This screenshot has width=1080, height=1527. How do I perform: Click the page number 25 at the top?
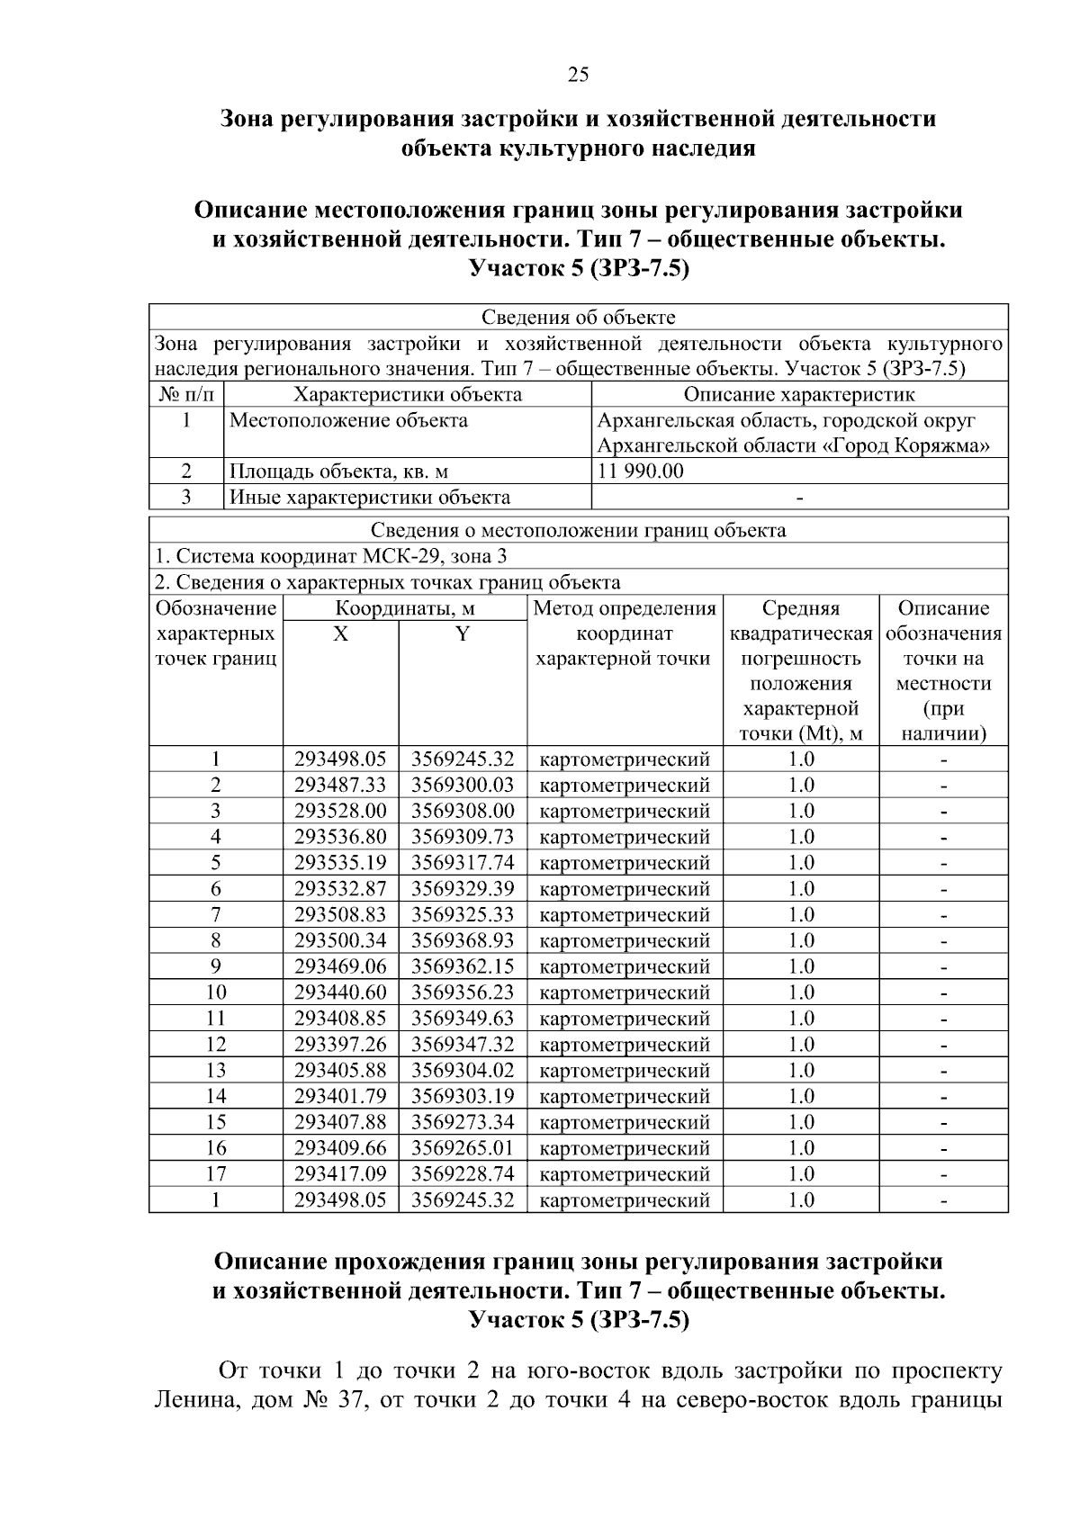[578, 75]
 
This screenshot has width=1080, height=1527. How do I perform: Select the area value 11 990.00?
[641, 472]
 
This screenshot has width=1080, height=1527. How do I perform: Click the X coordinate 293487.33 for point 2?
[340, 785]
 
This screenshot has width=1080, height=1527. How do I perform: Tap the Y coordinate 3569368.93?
[463, 940]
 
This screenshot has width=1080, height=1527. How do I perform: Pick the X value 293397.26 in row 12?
[340, 1045]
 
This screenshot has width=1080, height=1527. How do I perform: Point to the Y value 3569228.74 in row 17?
[463, 1174]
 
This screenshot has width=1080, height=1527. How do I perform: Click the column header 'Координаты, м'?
[405, 609]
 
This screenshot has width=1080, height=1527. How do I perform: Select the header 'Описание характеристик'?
[799, 394]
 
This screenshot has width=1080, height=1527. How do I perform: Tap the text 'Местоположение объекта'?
[348, 420]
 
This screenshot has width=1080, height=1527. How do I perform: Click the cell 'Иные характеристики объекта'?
[370, 498]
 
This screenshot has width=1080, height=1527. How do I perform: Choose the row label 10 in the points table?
[216, 993]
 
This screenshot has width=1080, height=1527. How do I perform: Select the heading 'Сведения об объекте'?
[578, 317]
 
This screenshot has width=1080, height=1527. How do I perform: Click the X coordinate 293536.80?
[340, 837]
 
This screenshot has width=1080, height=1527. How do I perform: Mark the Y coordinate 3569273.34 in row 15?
[463, 1122]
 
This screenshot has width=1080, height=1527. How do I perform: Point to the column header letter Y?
[462, 634]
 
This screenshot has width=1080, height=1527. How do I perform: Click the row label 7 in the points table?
[216, 915]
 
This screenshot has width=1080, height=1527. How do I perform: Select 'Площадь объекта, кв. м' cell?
[338, 472]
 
